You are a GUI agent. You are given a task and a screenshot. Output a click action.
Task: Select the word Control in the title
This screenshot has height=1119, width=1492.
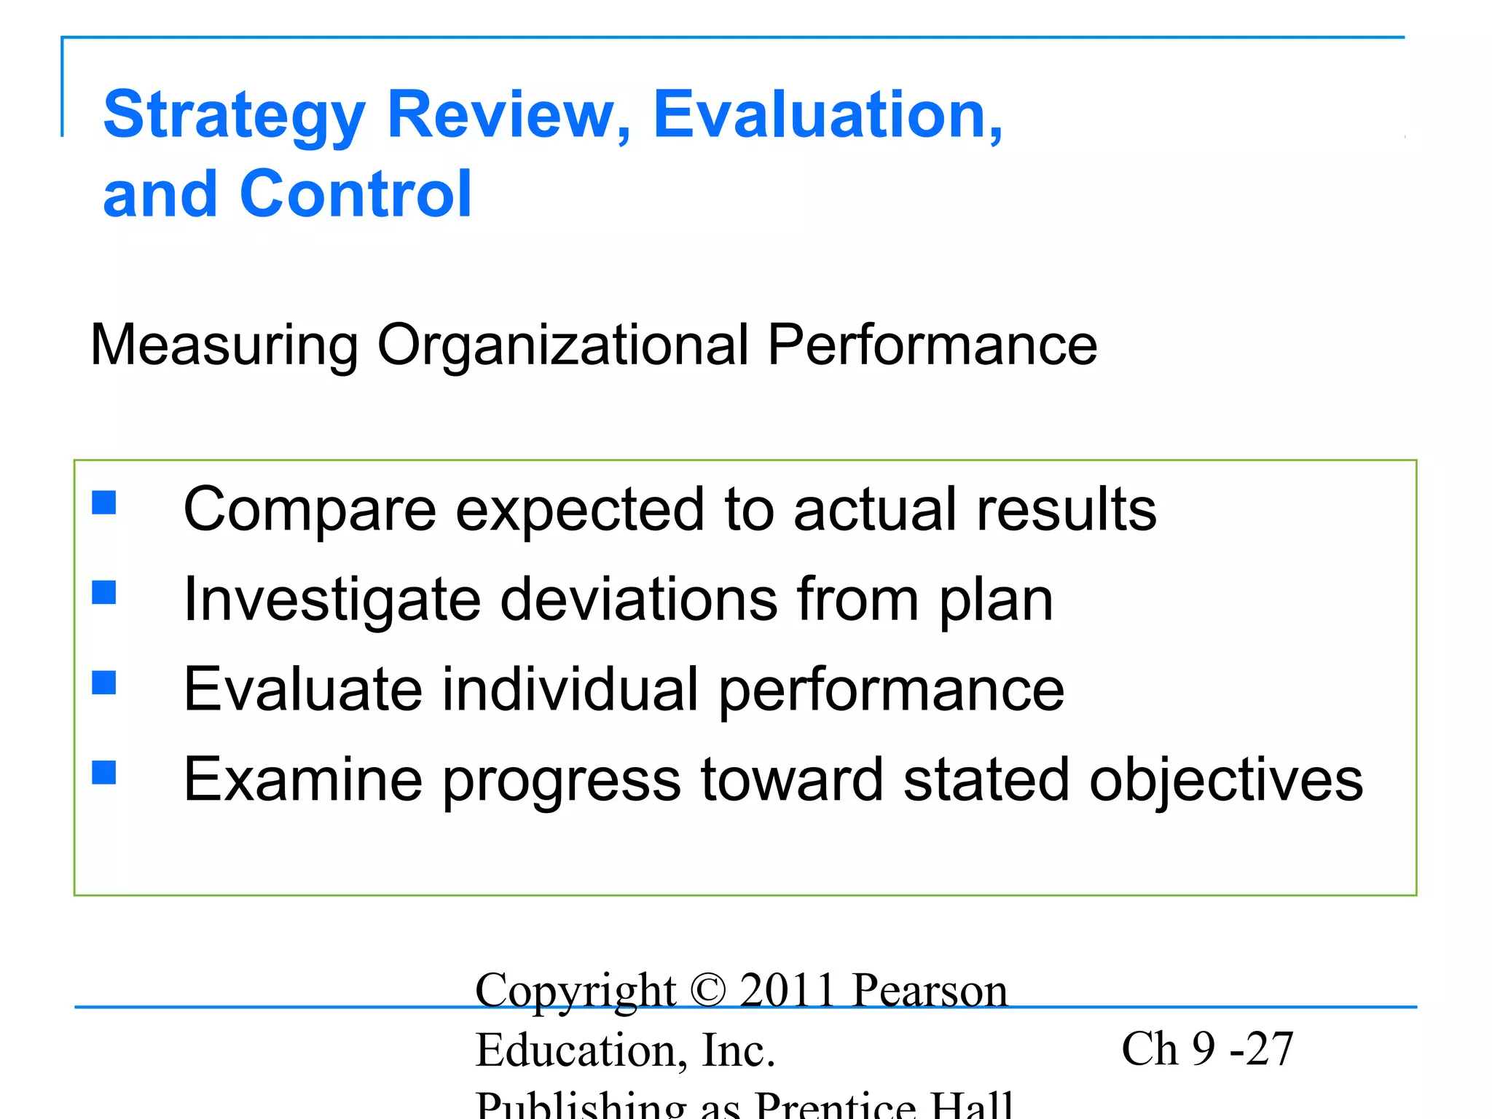356,194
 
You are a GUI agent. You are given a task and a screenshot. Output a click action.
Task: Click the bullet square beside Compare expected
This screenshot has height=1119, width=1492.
104,502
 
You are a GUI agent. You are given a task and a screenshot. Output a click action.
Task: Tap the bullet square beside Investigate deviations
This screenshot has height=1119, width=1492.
104,592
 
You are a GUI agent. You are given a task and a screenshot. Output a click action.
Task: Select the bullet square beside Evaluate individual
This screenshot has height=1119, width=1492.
104,683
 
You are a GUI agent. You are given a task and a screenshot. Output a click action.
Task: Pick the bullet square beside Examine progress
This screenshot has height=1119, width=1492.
104,772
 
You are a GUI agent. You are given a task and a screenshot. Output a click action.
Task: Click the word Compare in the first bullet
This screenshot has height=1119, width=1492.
310,510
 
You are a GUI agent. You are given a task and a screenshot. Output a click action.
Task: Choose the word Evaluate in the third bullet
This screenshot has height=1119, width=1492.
303,690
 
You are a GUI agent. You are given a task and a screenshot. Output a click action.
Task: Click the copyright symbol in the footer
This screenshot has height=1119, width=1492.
707,991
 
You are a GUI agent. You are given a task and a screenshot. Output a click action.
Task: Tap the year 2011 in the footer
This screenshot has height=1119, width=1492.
787,991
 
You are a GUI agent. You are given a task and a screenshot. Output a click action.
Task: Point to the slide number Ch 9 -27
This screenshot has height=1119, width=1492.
1207,1050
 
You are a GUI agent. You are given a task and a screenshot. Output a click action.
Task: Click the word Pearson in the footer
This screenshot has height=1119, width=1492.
930,991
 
